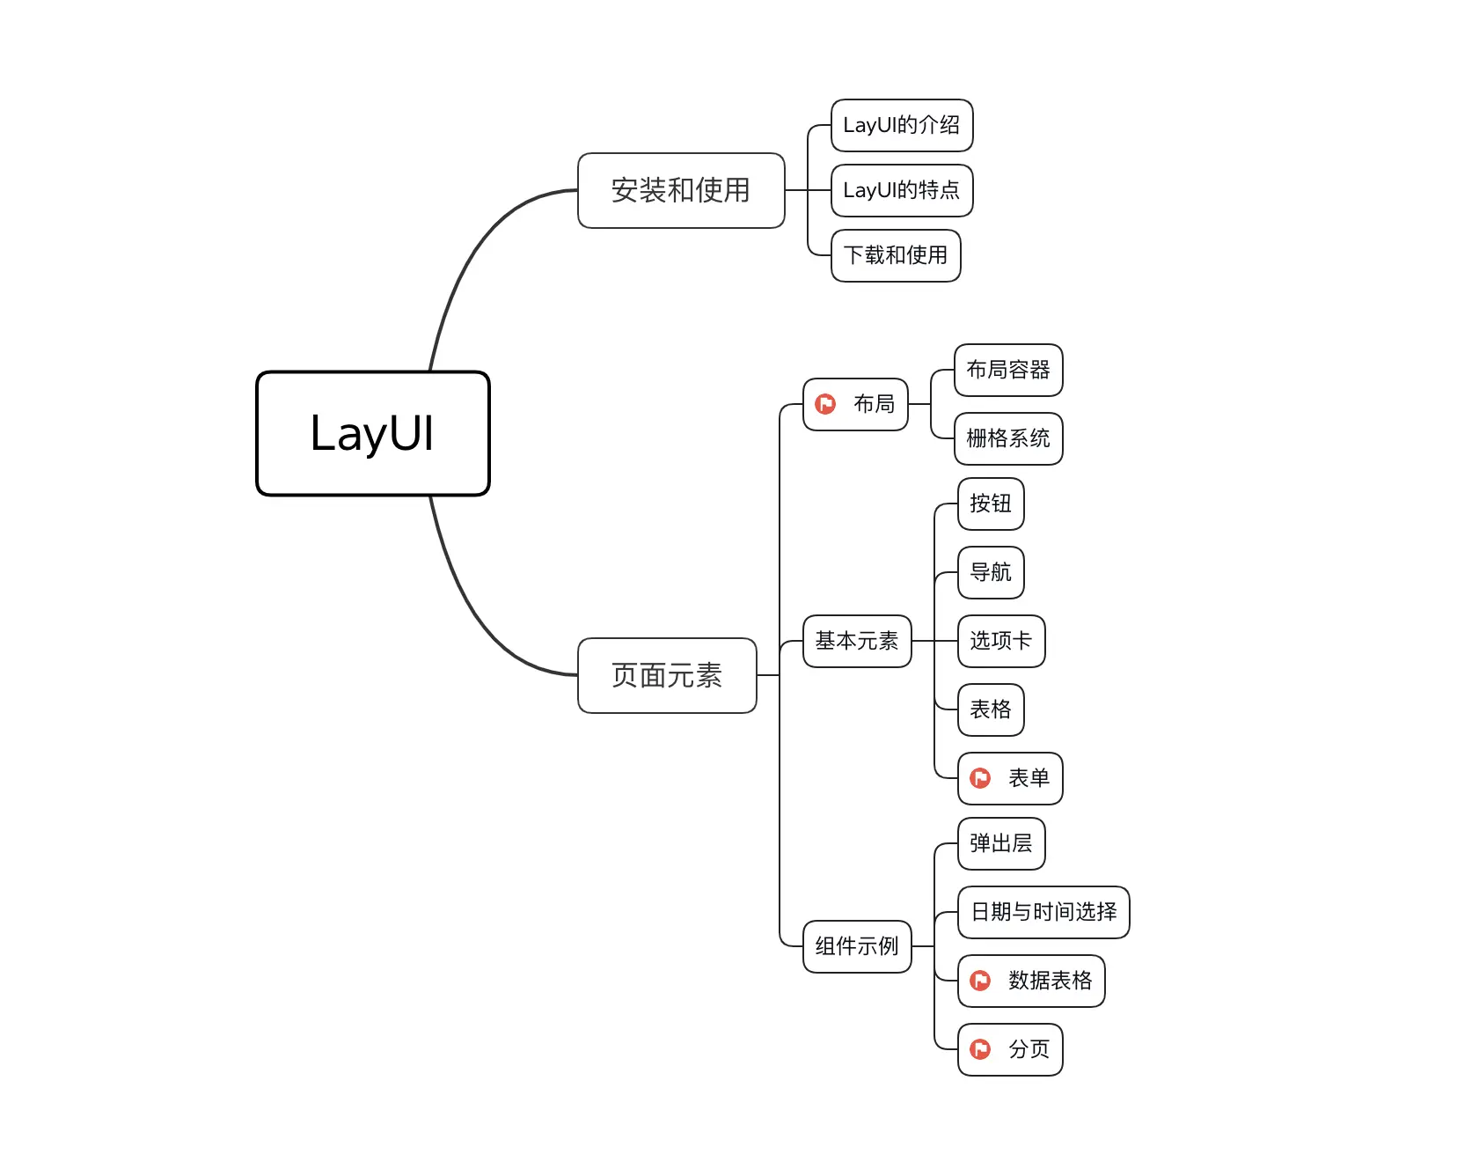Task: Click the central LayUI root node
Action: [x=372, y=433]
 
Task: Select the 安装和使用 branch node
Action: [x=681, y=190]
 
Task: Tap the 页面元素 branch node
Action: [x=667, y=675]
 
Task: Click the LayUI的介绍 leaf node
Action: [x=902, y=125]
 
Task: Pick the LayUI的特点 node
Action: [x=902, y=190]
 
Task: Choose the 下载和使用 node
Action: [x=896, y=255]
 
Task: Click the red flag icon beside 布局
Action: [x=825, y=404]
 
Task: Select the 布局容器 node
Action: [x=1008, y=370]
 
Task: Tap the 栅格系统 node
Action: [x=1008, y=438]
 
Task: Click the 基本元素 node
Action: [x=857, y=641]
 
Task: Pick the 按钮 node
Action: [x=991, y=504]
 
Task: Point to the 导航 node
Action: [x=991, y=572]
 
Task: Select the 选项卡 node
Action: [x=1001, y=641]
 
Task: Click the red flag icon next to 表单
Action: [x=980, y=778]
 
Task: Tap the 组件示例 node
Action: [x=857, y=946]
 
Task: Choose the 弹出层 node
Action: [x=1001, y=843]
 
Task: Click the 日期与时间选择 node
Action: [x=1043, y=912]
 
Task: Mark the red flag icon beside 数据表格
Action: [x=980, y=981]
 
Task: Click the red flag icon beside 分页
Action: [x=980, y=1049]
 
